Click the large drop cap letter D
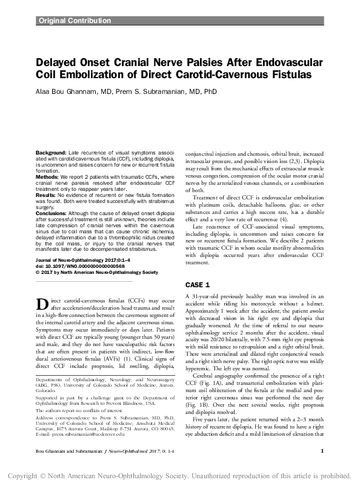(x=42, y=304)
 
